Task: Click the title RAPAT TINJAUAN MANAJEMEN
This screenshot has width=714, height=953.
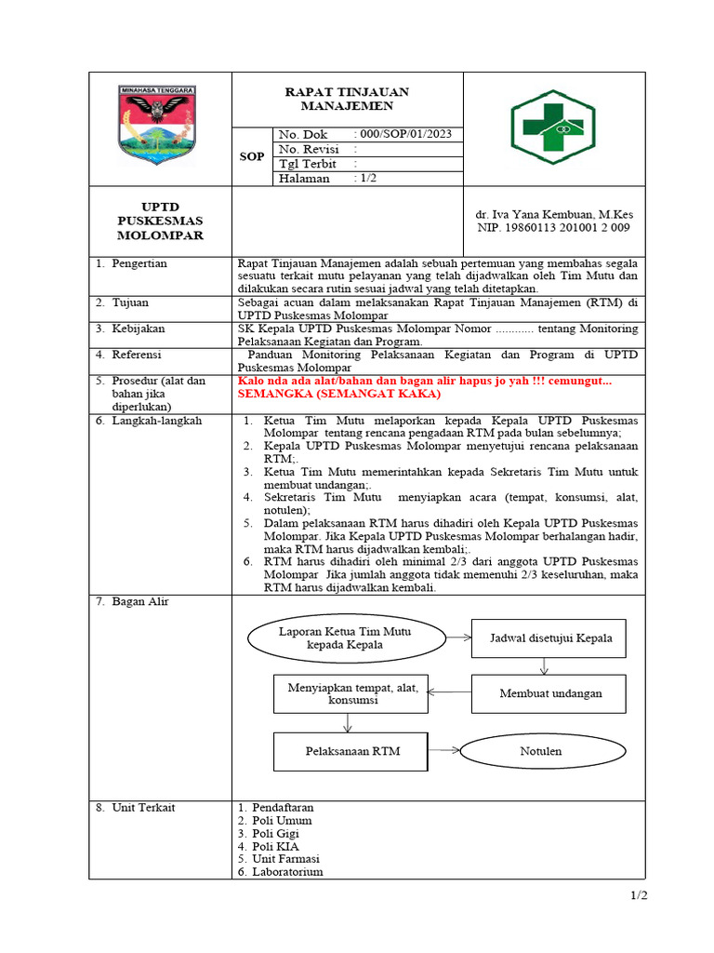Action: (346, 99)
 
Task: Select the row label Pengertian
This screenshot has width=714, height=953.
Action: (139, 263)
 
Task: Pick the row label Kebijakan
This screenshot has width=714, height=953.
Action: (138, 329)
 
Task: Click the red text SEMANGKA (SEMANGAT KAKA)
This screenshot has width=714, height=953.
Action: (319, 394)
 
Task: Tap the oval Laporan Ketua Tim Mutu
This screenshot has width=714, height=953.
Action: (345, 638)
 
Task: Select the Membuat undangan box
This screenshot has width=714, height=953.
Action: (550, 693)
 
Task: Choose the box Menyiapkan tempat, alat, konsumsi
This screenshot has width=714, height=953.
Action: (347, 693)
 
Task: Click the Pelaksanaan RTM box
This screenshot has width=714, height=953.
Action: (352, 751)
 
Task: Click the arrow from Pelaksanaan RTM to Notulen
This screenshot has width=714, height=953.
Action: (445, 750)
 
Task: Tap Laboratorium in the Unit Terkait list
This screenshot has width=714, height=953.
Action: (286, 872)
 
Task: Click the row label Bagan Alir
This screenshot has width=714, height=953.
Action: (139, 602)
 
